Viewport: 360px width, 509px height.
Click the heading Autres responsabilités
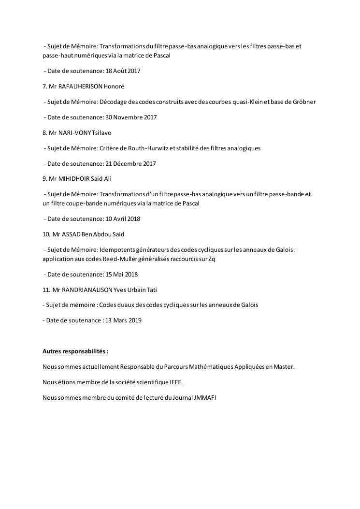point(74,351)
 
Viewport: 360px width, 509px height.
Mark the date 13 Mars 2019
point(123,320)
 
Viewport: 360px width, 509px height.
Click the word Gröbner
point(304,102)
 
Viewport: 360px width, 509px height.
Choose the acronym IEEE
point(176,382)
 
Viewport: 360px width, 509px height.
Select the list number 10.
point(46,234)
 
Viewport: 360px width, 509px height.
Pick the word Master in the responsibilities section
point(284,367)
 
